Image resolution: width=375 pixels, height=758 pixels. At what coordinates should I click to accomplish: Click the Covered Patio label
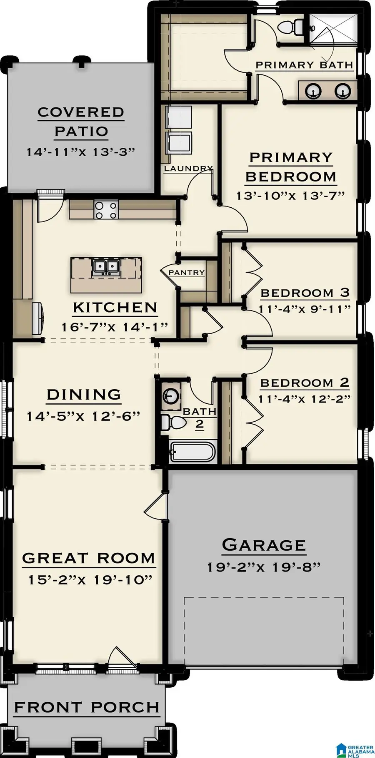(81, 122)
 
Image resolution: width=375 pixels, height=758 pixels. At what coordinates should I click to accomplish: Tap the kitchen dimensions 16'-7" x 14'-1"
(115, 327)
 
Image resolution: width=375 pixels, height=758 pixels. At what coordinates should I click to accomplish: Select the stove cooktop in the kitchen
(106, 209)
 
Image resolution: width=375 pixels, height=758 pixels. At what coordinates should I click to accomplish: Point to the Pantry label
(186, 272)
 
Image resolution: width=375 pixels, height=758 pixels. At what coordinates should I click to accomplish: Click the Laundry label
(188, 168)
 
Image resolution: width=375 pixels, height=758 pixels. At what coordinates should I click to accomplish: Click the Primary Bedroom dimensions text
(290, 195)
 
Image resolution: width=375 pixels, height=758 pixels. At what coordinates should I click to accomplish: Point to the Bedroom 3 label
(305, 293)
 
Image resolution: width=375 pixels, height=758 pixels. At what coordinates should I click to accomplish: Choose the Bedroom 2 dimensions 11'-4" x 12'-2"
(304, 399)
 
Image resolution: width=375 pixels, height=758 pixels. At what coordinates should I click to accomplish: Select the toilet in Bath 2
(173, 422)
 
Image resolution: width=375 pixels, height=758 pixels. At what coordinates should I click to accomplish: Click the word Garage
(264, 545)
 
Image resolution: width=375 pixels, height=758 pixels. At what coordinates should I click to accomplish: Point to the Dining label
(84, 394)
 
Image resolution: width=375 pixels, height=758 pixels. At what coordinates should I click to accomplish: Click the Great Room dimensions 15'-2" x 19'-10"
(90, 579)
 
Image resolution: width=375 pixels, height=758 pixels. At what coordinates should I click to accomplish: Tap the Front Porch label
(87, 707)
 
